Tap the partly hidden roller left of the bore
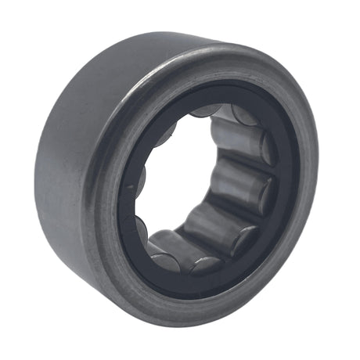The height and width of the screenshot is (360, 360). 133,227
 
